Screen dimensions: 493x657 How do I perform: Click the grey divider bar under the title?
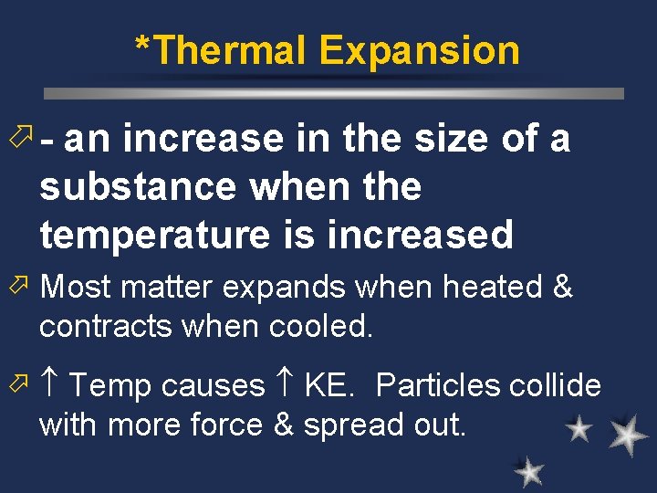[334, 93]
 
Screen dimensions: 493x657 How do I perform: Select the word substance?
[138, 186]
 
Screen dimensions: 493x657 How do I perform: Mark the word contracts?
[104, 326]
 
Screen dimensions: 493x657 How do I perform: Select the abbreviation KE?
[327, 385]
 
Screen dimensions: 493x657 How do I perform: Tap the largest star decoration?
[628, 435]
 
